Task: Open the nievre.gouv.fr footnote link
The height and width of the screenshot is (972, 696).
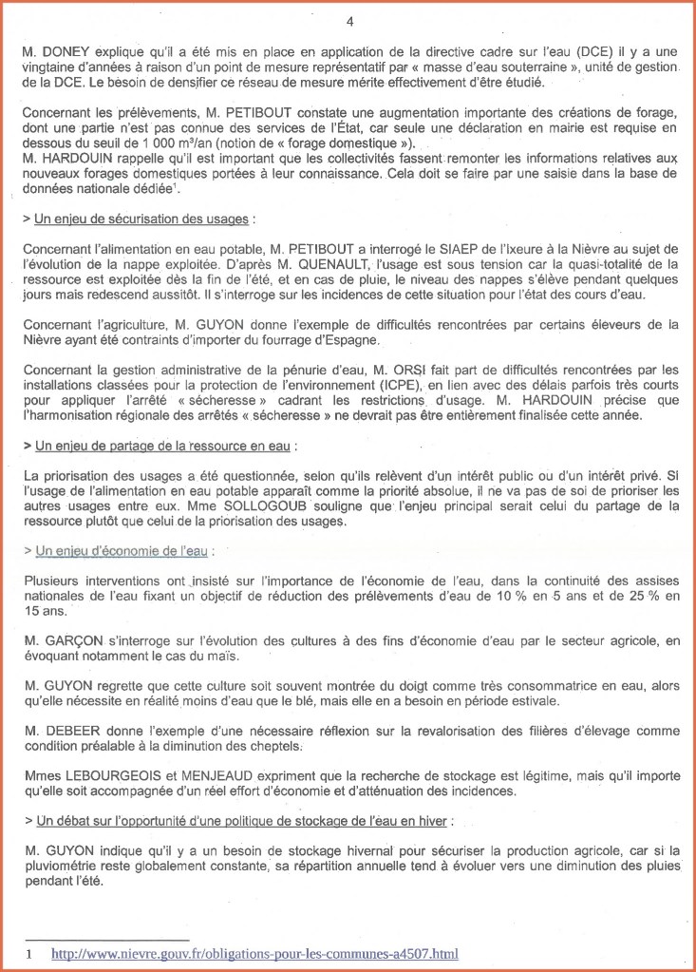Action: click(254, 953)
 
